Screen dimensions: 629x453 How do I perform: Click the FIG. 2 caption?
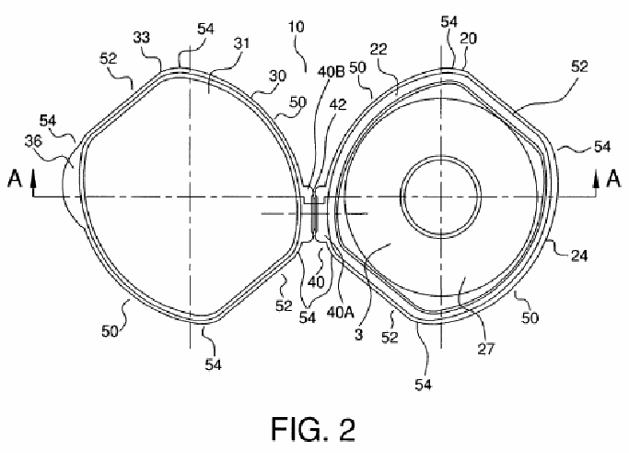click(313, 429)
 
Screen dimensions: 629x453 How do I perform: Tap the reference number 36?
click(33, 141)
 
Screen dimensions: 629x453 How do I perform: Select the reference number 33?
click(142, 38)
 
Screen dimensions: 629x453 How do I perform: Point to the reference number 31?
click(241, 43)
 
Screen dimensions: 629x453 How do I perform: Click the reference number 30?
click(277, 76)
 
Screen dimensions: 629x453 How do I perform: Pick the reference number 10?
click(297, 27)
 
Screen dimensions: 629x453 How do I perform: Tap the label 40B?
click(332, 72)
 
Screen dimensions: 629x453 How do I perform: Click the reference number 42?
click(337, 104)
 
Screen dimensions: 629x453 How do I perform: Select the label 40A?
click(341, 312)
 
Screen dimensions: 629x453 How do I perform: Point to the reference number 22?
click(379, 49)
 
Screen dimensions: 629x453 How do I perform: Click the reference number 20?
click(468, 38)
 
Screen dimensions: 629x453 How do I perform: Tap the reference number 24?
click(579, 256)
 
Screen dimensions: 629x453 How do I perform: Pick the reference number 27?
click(485, 349)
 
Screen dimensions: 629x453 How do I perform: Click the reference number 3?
click(359, 334)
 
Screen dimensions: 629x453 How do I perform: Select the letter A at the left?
click(15, 178)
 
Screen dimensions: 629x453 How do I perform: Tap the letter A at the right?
click(613, 178)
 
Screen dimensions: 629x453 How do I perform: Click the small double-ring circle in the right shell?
click(441, 197)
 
